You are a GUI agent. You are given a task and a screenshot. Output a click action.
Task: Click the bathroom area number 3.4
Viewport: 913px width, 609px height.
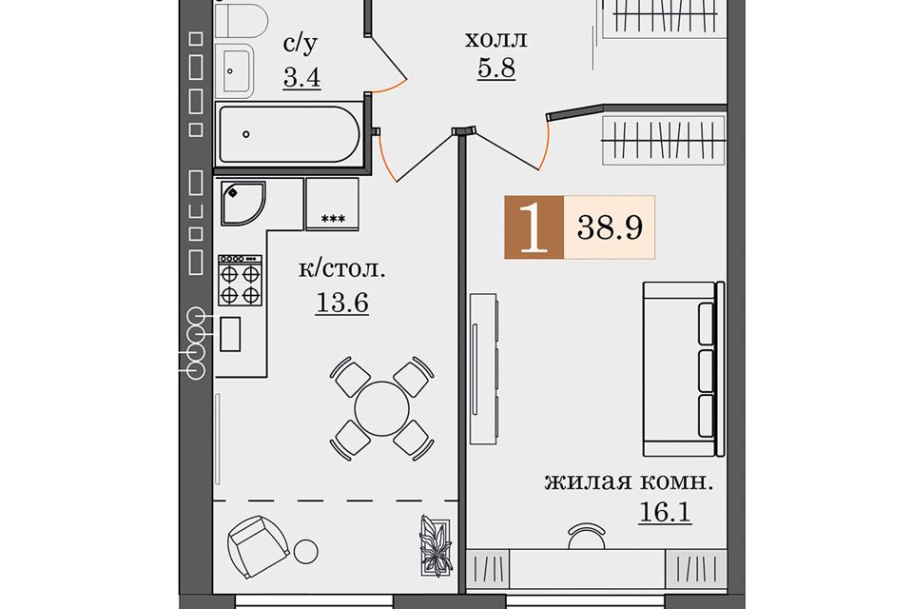(302, 77)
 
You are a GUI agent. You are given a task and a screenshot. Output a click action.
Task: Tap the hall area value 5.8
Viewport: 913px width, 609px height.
(496, 69)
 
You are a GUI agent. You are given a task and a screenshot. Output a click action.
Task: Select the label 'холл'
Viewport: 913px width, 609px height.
(496, 39)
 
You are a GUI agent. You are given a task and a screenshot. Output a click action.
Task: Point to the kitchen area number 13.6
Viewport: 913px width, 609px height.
(342, 303)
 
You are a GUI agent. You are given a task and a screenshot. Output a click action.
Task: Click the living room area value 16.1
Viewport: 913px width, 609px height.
(665, 512)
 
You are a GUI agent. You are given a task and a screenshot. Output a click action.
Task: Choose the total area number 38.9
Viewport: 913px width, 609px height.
(610, 226)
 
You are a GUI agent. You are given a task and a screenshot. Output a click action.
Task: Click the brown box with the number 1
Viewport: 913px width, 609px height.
(534, 227)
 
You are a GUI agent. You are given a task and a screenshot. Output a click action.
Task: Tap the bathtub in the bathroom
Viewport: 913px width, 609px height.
(289, 134)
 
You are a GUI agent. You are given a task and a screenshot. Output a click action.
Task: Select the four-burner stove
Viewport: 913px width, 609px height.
(240, 281)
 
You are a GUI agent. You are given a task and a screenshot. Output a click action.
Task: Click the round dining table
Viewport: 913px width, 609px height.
(381, 409)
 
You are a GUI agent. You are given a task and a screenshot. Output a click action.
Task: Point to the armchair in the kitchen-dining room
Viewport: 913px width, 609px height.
(258, 546)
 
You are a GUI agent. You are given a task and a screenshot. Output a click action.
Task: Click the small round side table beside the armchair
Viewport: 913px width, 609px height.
(305, 551)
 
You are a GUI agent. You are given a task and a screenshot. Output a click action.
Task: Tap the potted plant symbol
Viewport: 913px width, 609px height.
(435, 546)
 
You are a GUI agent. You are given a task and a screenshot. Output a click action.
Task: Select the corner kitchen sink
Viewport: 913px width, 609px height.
(243, 204)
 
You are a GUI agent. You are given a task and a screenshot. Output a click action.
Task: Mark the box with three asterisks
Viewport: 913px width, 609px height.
(333, 204)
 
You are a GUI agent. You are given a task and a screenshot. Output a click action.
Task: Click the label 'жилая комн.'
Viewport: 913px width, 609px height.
(629, 482)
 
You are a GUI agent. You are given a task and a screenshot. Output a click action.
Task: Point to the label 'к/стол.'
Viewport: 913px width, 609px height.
(342, 270)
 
